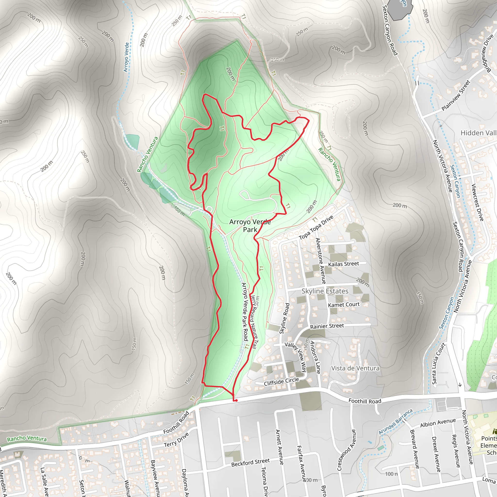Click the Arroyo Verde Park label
coord(250,226)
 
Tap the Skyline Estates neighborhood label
coord(325,291)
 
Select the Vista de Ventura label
coord(355,368)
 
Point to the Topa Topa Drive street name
coord(316,227)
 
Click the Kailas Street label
coord(343,264)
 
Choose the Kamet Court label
coord(343,305)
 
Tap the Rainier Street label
coord(327,326)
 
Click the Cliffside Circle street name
coord(281,381)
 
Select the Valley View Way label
coord(296,356)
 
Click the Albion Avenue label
coord(438,422)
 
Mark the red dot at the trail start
coord(236,400)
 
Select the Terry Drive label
coord(176,440)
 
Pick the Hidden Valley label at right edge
coord(478,133)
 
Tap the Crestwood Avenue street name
coord(346,450)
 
